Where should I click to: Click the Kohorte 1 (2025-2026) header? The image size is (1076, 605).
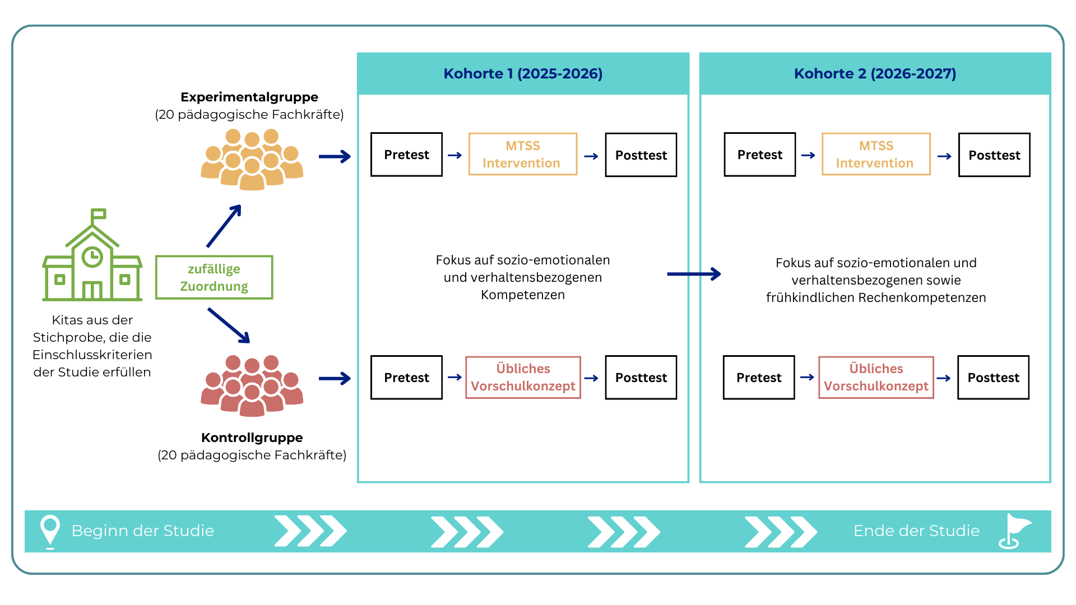click(523, 74)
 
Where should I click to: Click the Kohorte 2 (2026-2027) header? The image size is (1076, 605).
click(875, 74)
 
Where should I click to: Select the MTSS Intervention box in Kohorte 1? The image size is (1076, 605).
click(522, 155)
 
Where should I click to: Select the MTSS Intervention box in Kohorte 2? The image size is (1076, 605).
click(875, 155)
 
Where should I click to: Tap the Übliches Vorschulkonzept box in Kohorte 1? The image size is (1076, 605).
click(523, 378)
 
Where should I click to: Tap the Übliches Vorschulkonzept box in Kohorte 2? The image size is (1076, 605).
click(876, 378)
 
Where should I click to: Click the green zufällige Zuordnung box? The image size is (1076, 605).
click(214, 278)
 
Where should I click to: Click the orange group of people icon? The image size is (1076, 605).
click(252, 160)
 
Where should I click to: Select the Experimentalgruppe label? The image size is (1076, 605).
click(249, 97)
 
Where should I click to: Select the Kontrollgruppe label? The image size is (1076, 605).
click(252, 438)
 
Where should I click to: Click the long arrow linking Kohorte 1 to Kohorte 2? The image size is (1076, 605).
click(694, 274)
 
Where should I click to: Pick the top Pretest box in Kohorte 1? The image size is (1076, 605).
click(406, 155)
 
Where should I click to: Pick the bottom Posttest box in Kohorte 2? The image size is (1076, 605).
click(993, 378)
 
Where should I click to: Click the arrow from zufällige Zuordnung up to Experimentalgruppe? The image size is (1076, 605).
click(224, 226)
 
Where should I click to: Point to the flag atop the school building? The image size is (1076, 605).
click(99, 214)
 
